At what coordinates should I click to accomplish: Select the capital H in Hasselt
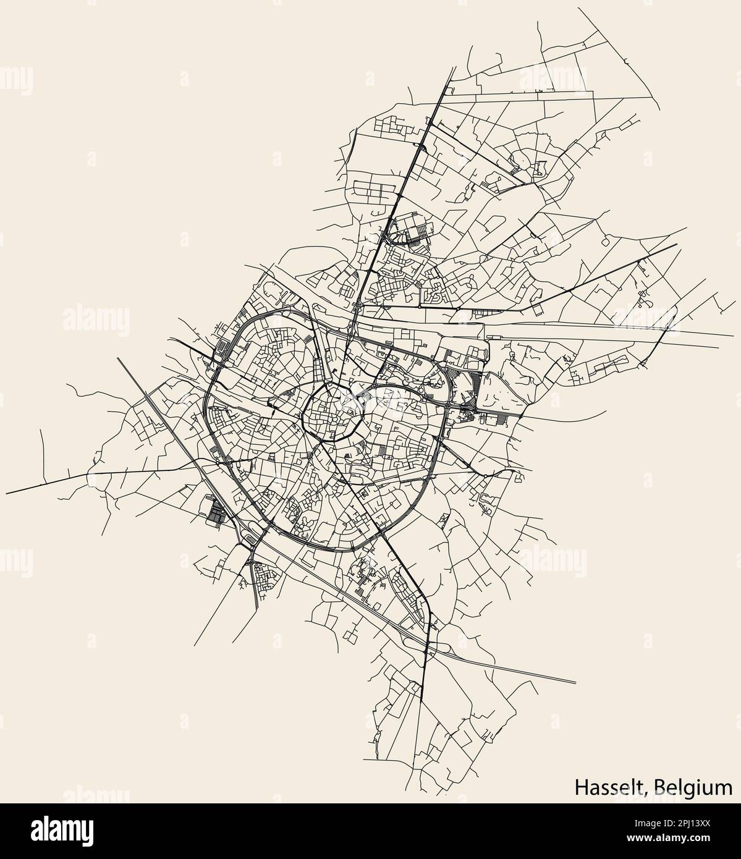[x=581, y=787]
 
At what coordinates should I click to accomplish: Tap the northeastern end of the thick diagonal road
[x=677, y=244]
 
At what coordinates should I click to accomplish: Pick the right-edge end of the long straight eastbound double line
[x=734, y=336]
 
